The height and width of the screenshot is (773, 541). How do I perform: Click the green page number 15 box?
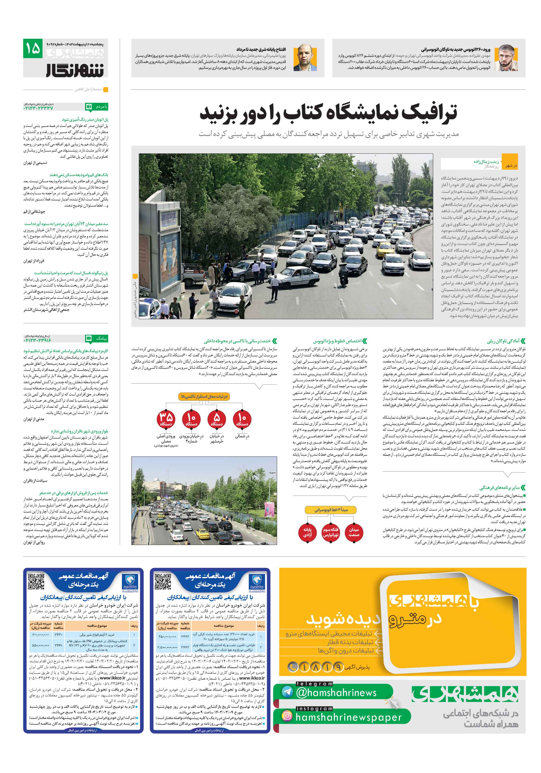33,48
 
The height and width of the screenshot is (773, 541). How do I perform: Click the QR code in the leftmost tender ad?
36,581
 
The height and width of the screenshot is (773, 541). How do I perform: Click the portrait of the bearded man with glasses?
508,58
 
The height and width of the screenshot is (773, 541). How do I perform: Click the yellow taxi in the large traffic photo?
383,250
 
